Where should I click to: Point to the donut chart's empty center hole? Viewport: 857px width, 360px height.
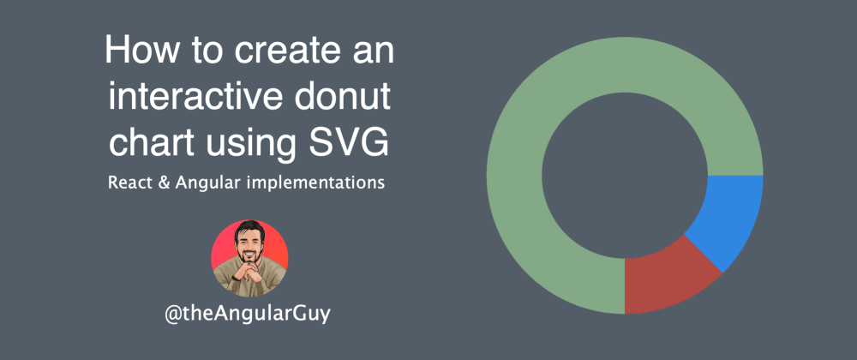point(625,175)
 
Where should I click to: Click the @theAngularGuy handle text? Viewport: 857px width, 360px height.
point(248,314)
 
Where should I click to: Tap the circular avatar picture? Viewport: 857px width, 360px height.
point(249,258)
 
